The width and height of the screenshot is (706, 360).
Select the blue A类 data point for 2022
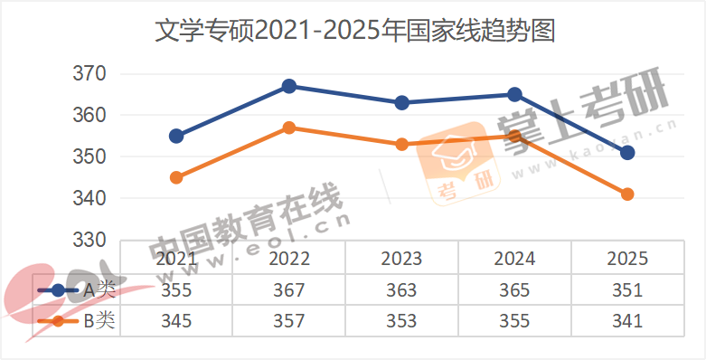289,86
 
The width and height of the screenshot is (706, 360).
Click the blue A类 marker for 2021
176,136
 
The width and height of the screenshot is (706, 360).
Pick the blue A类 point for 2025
627,153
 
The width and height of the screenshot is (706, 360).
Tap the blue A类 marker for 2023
402,103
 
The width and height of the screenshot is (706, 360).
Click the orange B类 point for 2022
289,128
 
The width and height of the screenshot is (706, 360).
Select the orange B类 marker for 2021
176,177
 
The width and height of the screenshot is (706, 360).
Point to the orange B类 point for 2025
627,194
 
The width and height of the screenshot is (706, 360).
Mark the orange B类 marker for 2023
402,144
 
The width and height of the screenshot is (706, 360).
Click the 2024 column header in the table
514,259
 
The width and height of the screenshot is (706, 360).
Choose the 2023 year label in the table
401,259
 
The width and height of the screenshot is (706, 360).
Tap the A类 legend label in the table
99,290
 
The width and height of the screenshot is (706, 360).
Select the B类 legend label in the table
99,320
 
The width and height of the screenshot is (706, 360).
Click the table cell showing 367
289,290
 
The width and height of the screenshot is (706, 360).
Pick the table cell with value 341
626,320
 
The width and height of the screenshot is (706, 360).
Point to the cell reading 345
176,320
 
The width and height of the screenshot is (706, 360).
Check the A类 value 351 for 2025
626,290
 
